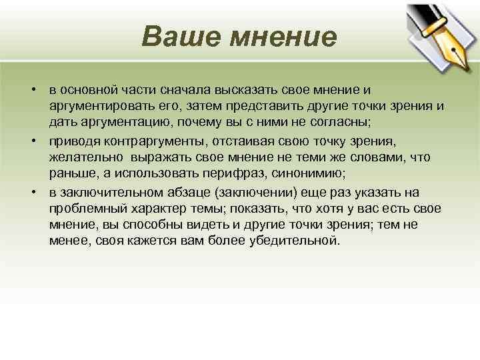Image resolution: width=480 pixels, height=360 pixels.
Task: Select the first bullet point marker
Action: [31, 90]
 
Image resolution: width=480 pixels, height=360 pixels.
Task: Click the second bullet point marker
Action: [31, 141]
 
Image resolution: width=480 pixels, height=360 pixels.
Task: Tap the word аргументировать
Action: [95, 107]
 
